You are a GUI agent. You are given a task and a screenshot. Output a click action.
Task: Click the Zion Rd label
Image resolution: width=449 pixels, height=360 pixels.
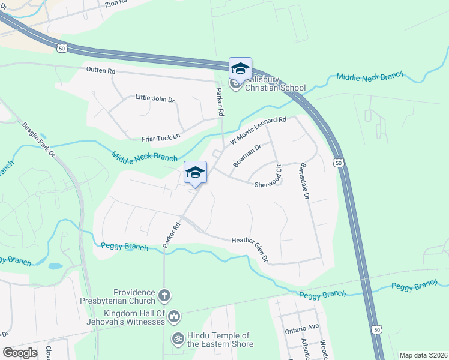click(116, 3)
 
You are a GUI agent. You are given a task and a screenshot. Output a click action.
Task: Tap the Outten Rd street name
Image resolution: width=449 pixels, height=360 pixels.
click(100, 71)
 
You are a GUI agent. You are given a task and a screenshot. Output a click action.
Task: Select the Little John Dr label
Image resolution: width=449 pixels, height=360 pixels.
click(154, 97)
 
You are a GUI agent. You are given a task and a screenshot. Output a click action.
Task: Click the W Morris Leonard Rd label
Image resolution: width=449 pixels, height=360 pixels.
click(259, 131)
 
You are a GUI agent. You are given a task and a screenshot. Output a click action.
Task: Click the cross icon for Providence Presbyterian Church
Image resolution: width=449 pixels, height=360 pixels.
click(165, 295)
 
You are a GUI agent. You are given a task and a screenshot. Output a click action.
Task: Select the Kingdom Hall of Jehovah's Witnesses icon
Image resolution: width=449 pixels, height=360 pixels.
click(173, 316)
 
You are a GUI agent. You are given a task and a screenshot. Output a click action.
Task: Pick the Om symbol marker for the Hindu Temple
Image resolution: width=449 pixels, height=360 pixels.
click(177, 339)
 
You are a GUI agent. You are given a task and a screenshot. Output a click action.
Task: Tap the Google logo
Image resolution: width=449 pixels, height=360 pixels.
click(20, 352)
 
